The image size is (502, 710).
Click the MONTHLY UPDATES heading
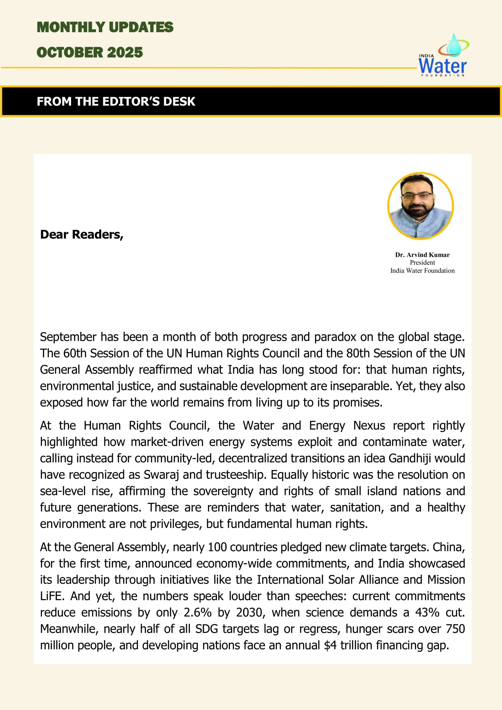[x=105, y=27]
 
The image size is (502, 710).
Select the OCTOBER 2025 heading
[x=90, y=52]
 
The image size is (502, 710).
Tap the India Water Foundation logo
[x=443, y=56]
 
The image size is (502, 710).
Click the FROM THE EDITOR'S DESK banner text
[x=116, y=102]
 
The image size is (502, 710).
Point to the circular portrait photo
[x=420, y=206]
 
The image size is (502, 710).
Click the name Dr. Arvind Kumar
[x=422, y=255]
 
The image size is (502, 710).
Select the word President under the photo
[x=422, y=263]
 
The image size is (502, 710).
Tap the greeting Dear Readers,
[x=82, y=234]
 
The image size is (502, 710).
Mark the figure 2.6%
[x=198, y=613]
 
